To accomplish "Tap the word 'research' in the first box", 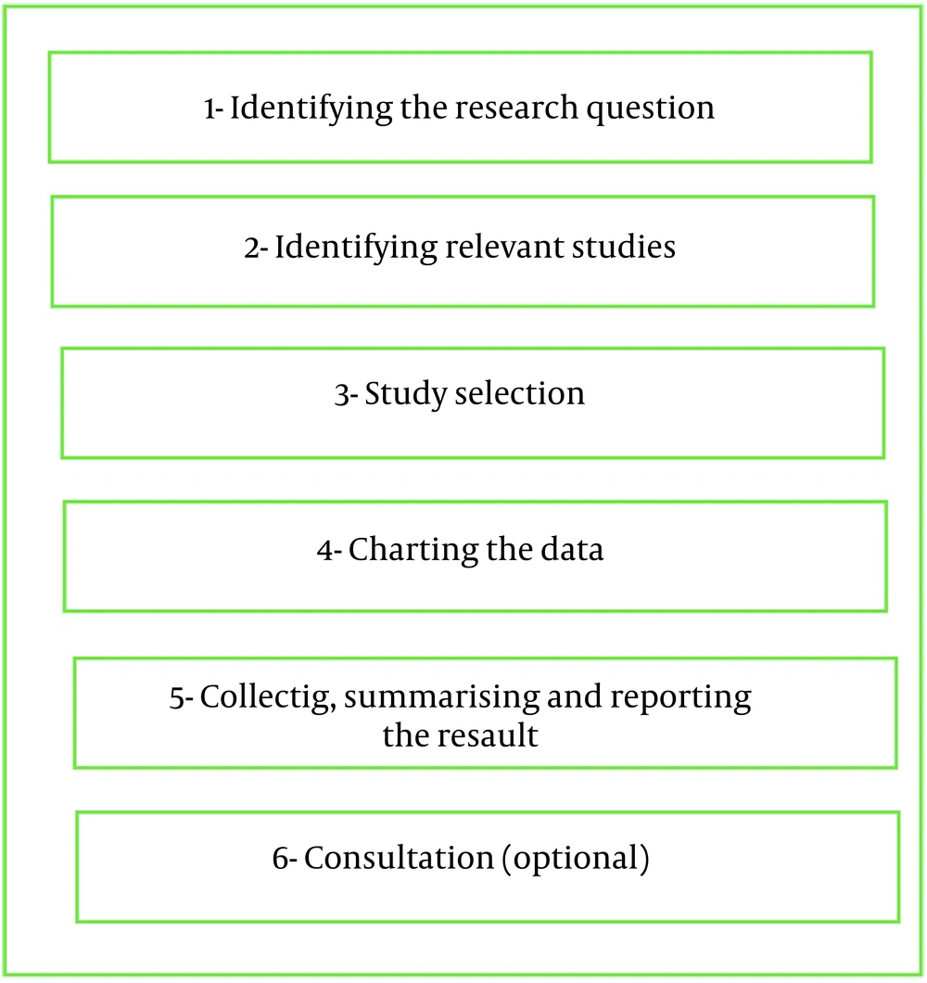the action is coord(516,108).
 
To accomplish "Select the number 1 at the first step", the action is coord(210,110).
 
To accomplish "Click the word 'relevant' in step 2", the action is coord(504,247).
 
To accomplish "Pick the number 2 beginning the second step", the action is coord(252,249).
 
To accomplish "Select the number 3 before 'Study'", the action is coord(341,397).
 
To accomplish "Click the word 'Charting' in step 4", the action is coord(413,552).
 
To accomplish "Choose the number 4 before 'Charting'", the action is coord(325,552).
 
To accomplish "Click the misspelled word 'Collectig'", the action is coord(268,698).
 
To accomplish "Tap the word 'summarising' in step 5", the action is coord(441,698).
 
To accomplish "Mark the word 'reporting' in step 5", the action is coord(680,698).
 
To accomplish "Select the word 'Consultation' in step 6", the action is coord(400,858).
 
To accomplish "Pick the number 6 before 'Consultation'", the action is coord(280,859).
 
